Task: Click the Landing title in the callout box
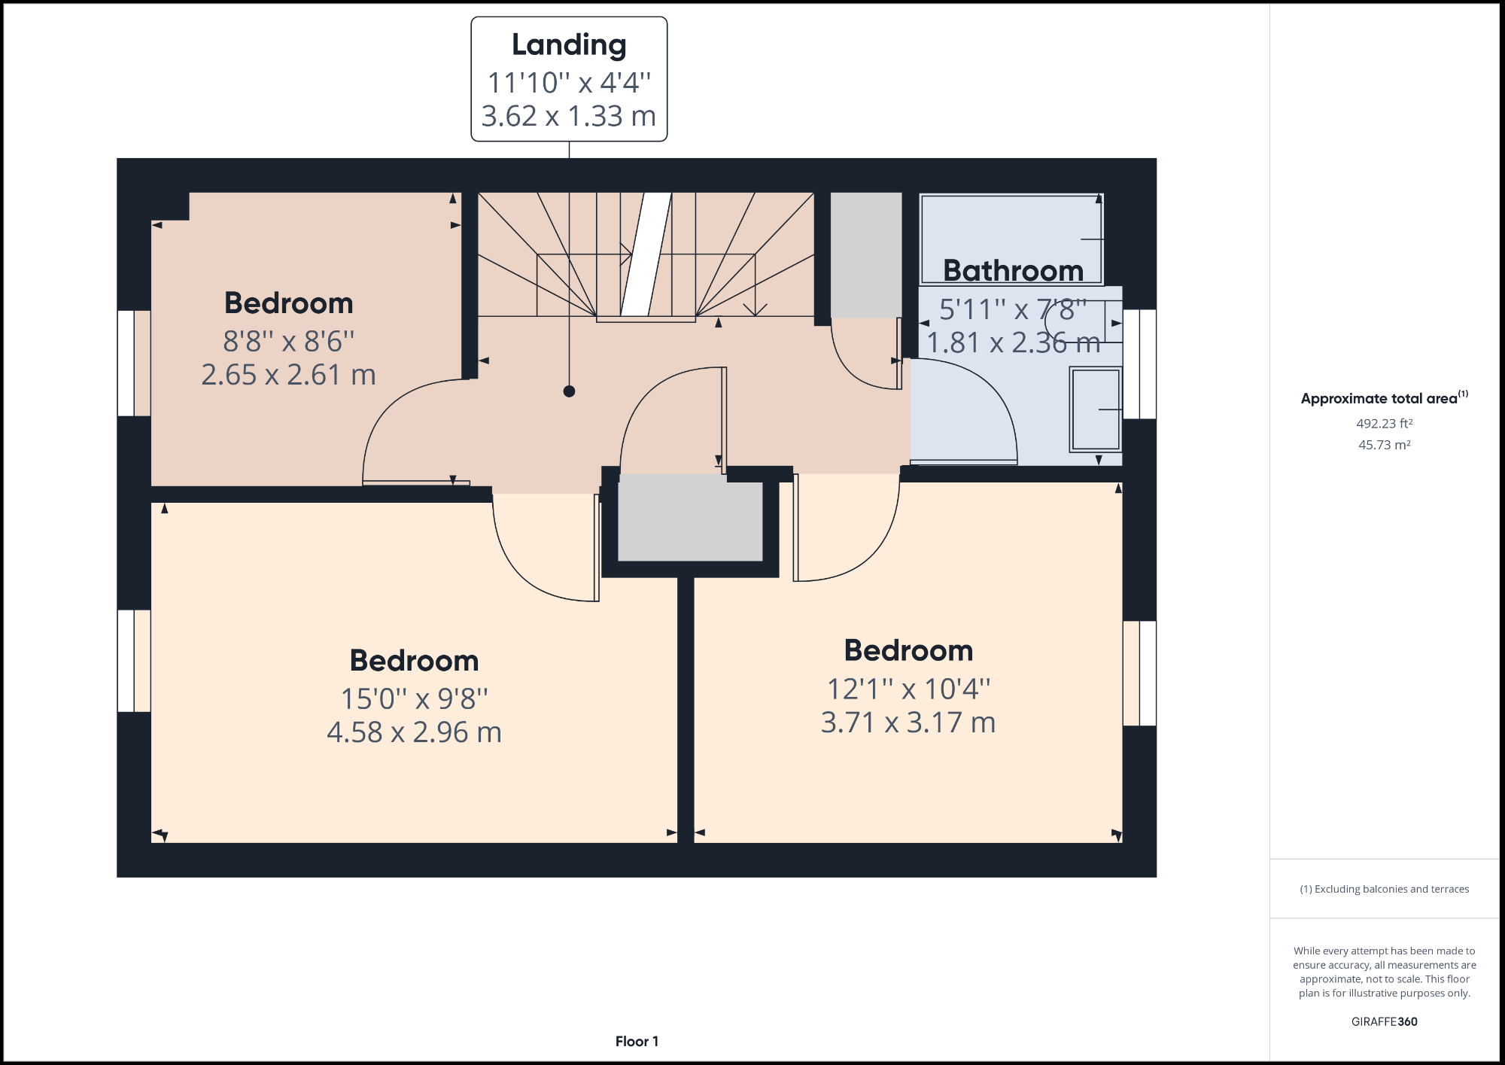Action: pos(569,45)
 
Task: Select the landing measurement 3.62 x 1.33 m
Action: pos(569,117)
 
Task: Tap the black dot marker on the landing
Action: pos(569,391)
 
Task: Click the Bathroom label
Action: pos(1013,270)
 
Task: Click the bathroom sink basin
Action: pos(1096,409)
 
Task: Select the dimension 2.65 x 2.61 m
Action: pos(288,375)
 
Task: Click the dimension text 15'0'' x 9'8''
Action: pos(414,698)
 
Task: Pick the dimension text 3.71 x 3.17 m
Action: pos(908,723)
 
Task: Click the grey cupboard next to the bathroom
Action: pos(865,254)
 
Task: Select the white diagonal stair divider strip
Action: pos(646,254)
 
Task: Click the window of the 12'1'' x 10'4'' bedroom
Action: pos(1139,673)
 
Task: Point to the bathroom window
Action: pos(1139,364)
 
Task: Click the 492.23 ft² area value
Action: pos(1384,424)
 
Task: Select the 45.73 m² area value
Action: pos(1384,445)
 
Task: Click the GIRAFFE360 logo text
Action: pos(1384,1021)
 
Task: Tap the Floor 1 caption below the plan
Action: pos(637,1042)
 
